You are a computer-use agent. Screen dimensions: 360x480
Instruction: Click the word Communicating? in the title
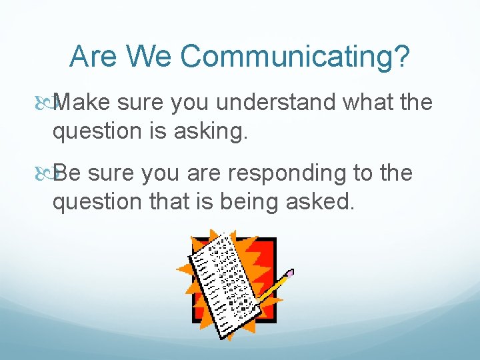295,57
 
